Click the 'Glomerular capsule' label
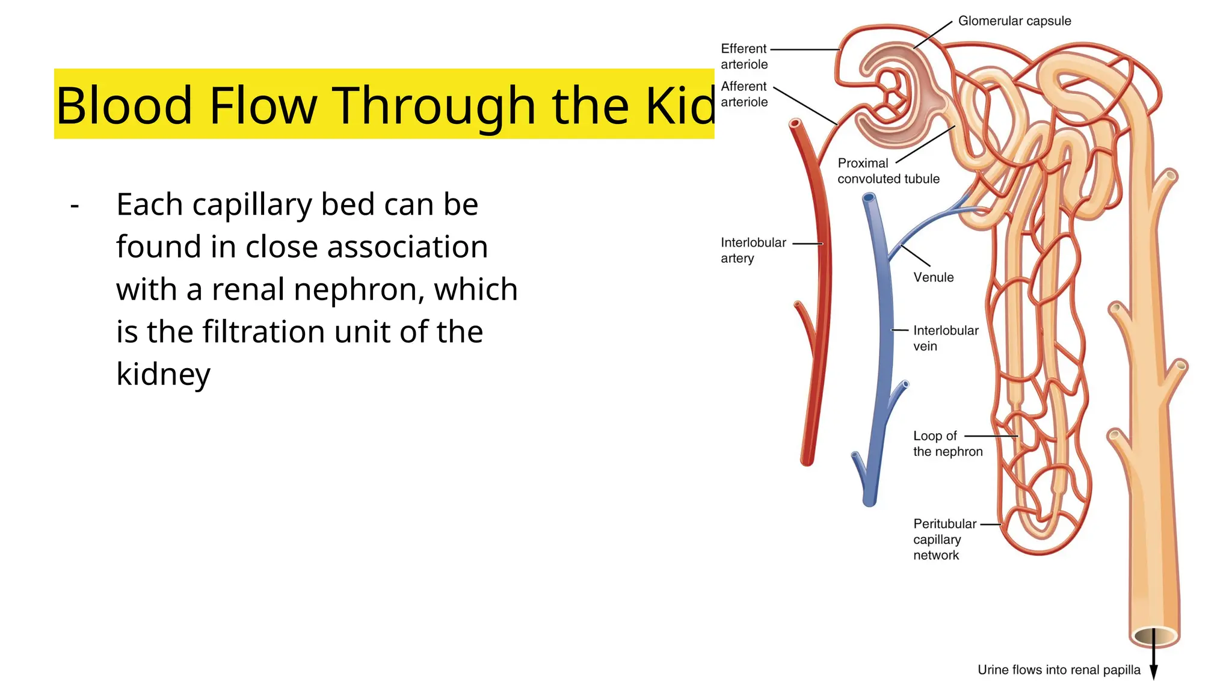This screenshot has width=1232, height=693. click(x=1014, y=21)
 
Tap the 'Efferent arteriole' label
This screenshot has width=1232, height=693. click(x=744, y=57)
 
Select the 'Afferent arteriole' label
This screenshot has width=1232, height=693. click(x=744, y=94)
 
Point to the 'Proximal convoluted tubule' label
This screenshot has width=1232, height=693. click(x=888, y=171)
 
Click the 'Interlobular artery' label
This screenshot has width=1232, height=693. click(x=753, y=250)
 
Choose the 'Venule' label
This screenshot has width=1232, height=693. click(x=933, y=277)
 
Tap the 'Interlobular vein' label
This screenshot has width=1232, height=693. click(x=945, y=338)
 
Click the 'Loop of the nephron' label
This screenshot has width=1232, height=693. click(x=947, y=444)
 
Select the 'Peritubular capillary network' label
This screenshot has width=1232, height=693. click(x=944, y=540)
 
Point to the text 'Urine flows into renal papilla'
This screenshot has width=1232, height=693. click(x=1059, y=670)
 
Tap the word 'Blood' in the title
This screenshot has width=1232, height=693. click(x=123, y=105)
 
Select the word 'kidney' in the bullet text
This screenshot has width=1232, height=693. click(x=164, y=374)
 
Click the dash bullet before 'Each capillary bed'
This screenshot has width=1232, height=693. click(x=75, y=206)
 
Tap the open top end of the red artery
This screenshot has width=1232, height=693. click(x=796, y=125)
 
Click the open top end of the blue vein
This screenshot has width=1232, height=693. click(x=869, y=197)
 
